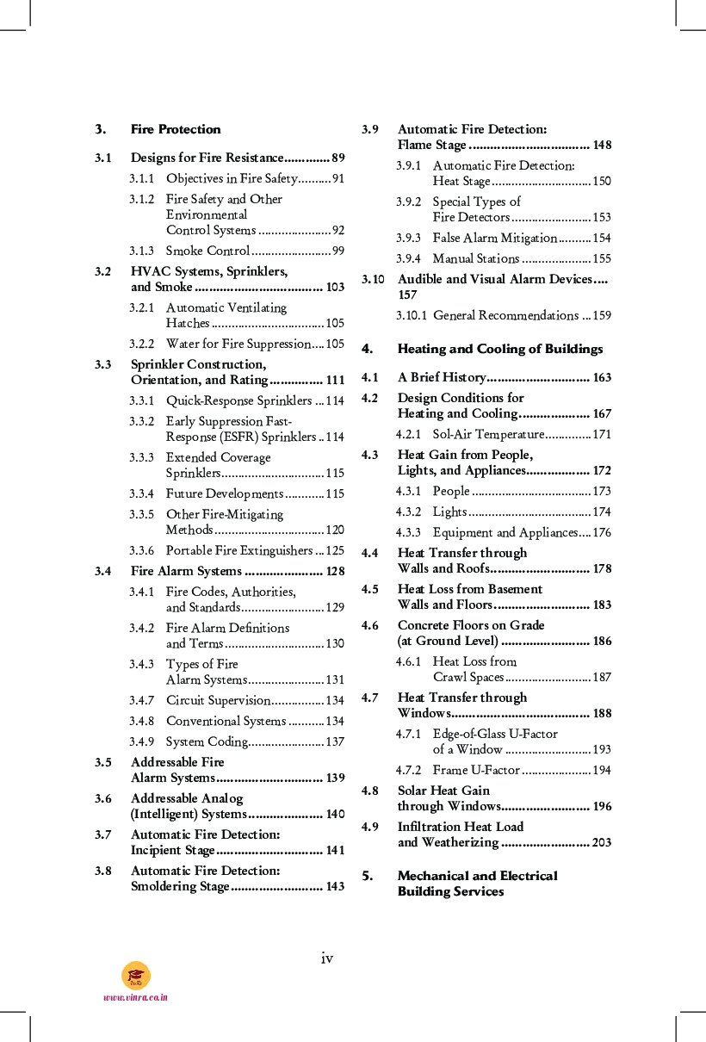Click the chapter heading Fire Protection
(176, 129)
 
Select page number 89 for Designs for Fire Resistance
(338, 158)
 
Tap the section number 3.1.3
(142, 251)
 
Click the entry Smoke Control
(207, 251)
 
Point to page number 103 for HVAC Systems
(335, 287)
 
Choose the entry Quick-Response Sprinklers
(238, 400)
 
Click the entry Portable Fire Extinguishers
(238, 550)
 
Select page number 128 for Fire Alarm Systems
(335, 571)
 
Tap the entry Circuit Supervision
(218, 700)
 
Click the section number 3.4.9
(142, 741)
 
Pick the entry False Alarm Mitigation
(494, 238)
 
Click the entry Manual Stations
(475, 258)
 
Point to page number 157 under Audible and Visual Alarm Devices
(407, 295)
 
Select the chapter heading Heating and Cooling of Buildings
(499, 349)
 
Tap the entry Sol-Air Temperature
(488, 434)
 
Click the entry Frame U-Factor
(476, 770)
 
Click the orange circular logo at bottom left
(136, 975)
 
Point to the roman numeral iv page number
(327, 958)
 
